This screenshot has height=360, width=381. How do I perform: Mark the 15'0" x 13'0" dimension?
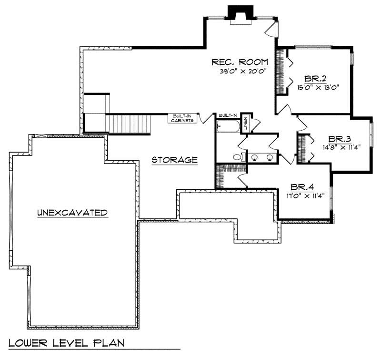point(318,87)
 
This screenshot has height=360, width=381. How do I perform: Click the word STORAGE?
point(175,160)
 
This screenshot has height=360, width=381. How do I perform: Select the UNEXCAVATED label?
point(71,213)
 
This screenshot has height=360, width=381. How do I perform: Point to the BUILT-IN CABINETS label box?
point(182,119)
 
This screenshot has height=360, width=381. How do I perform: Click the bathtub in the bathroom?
point(229,127)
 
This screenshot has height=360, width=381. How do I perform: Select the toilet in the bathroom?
point(237,157)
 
